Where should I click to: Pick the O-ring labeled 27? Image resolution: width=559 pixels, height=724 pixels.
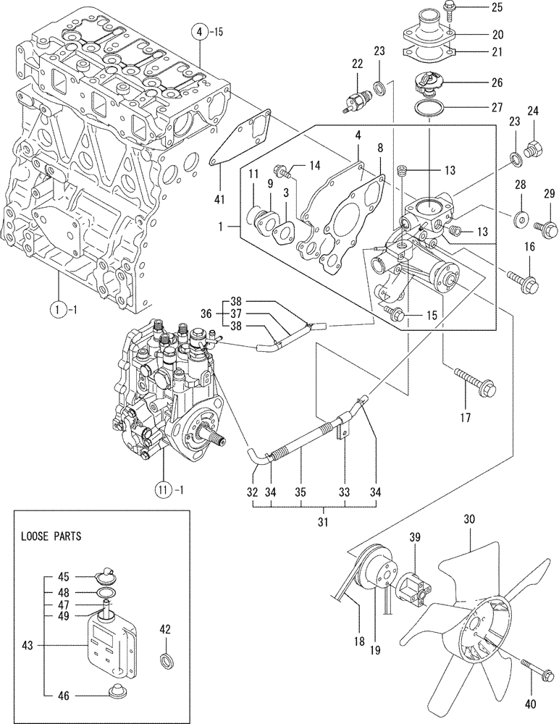coord(431,109)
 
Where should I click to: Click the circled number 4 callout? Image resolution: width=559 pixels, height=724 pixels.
coord(198,32)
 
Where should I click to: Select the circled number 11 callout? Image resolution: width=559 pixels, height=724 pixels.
coord(164,487)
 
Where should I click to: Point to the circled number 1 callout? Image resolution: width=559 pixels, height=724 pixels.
coord(58,313)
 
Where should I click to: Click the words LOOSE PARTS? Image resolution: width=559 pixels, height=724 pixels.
coord(51,537)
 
